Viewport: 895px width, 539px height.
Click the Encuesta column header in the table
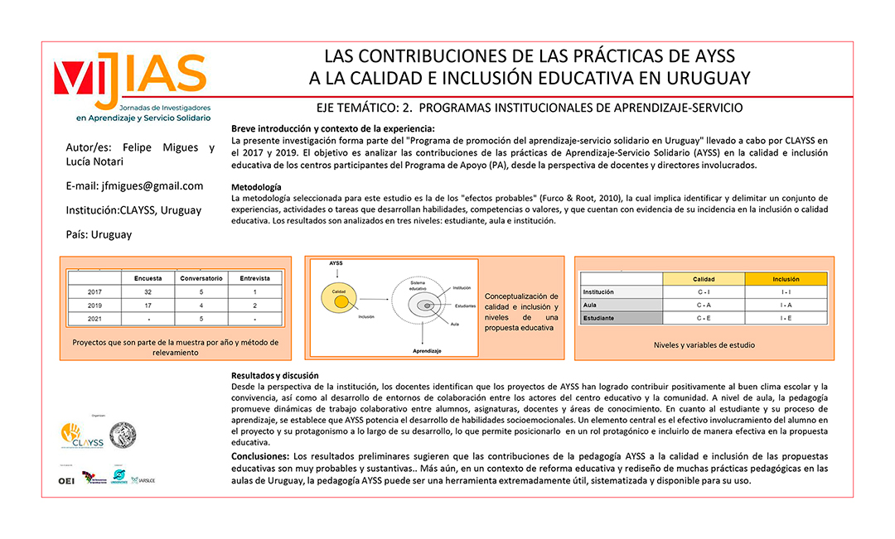(x=148, y=278)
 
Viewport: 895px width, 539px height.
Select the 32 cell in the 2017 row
(x=148, y=291)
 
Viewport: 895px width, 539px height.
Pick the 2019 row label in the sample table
(x=94, y=305)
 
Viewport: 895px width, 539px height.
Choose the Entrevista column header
(x=254, y=278)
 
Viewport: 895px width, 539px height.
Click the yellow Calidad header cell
(x=704, y=279)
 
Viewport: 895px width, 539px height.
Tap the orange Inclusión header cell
(x=786, y=279)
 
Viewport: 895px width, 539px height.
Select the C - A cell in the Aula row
(x=704, y=305)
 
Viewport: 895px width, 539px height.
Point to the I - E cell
(x=786, y=318)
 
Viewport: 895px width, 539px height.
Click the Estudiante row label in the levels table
(x=599, y=318)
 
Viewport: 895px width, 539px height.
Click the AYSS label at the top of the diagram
(x=336, y=263)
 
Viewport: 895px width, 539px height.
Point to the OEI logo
(x=66, y=481)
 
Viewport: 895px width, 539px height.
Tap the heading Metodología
(x=256, y=187)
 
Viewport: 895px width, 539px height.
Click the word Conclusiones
(x=259, y=456)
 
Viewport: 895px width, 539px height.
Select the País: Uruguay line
(x=99, y=234)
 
